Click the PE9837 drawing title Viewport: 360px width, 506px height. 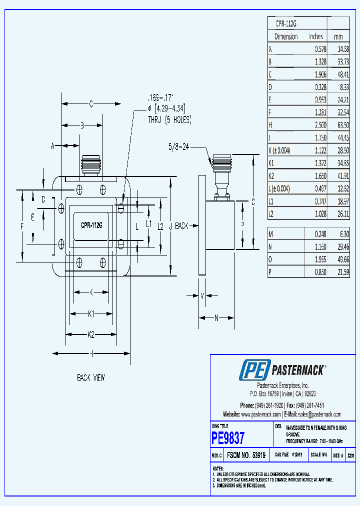(x=228, y=438)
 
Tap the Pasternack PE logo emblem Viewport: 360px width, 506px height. (x=254, y=370)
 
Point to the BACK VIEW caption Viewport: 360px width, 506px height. (x=90, y=378)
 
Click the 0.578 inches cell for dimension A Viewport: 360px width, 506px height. (x=320, y=49)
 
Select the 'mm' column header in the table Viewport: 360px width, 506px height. (x=338, y=36)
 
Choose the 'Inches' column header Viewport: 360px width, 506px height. (x=316, y=36)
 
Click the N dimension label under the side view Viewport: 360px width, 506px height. (x=216, y=317)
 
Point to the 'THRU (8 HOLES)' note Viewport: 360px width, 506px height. (x=169, y=120)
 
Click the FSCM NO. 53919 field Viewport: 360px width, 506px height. (x=245, y=455)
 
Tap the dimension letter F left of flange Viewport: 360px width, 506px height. (x=22, y=226)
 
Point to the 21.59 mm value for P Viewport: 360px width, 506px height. (x=340, y=272)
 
